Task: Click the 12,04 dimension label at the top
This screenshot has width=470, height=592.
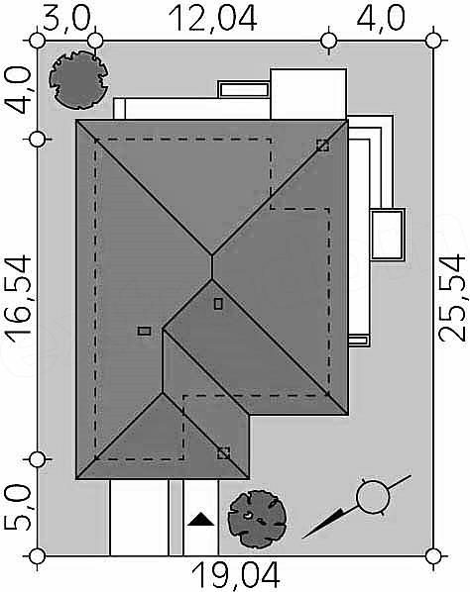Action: (214, 18)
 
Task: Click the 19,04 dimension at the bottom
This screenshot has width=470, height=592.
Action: (235, 576)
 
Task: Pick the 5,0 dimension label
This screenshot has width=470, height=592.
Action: (18, 508)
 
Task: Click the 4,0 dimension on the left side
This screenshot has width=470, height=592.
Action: (18, 91)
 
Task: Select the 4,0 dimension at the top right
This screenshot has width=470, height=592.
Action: (381, 18)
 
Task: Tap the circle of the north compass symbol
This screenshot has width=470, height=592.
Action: (373, 497)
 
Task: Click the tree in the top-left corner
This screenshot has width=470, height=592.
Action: (78, 79)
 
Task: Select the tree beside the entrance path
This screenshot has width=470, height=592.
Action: (257, 519)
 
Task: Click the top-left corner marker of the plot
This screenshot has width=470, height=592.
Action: (37, 41)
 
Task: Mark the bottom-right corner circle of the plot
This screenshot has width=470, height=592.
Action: (433, 555)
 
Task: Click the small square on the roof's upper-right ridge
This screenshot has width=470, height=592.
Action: (322, 146)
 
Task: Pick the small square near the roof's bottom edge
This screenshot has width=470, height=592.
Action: (223, 453)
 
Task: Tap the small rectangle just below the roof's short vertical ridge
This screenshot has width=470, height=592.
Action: (218, 304)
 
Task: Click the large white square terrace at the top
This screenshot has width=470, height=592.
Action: (308, 94)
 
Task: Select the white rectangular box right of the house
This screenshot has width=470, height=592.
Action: (387, 234)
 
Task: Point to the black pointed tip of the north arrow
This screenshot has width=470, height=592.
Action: (302, 538)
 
